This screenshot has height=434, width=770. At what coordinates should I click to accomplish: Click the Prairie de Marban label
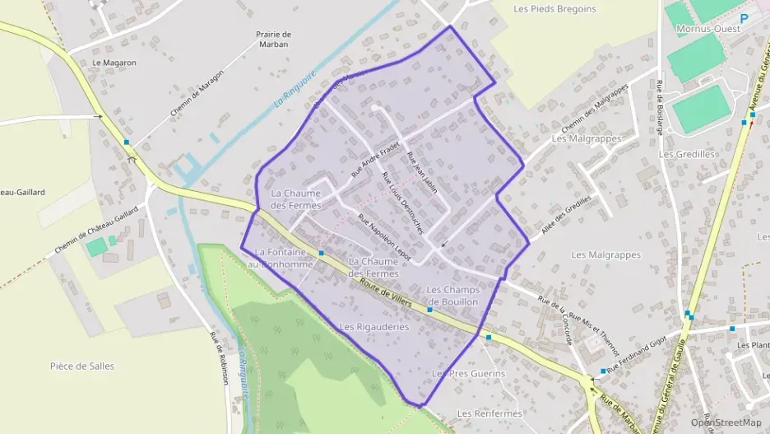(x=273, y=40)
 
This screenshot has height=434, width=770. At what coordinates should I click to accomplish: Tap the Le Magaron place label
(x=114, y=62)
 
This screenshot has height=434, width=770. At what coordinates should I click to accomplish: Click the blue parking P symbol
(x=744, y=17)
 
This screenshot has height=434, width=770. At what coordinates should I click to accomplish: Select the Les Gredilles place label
(x=688, y=154)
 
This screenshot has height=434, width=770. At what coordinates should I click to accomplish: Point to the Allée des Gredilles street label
(x=563, y=217)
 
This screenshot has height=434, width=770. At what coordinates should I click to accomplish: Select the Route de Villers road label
(x=384, y=293)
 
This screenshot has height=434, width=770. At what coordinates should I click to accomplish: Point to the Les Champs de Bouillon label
(x=452, y=296)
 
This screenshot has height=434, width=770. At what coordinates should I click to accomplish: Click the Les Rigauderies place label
(x=374, y=327)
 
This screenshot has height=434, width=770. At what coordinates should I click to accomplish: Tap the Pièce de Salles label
(x=82, y=366)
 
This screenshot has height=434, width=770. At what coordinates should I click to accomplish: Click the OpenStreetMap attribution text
(x=726, y=422)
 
